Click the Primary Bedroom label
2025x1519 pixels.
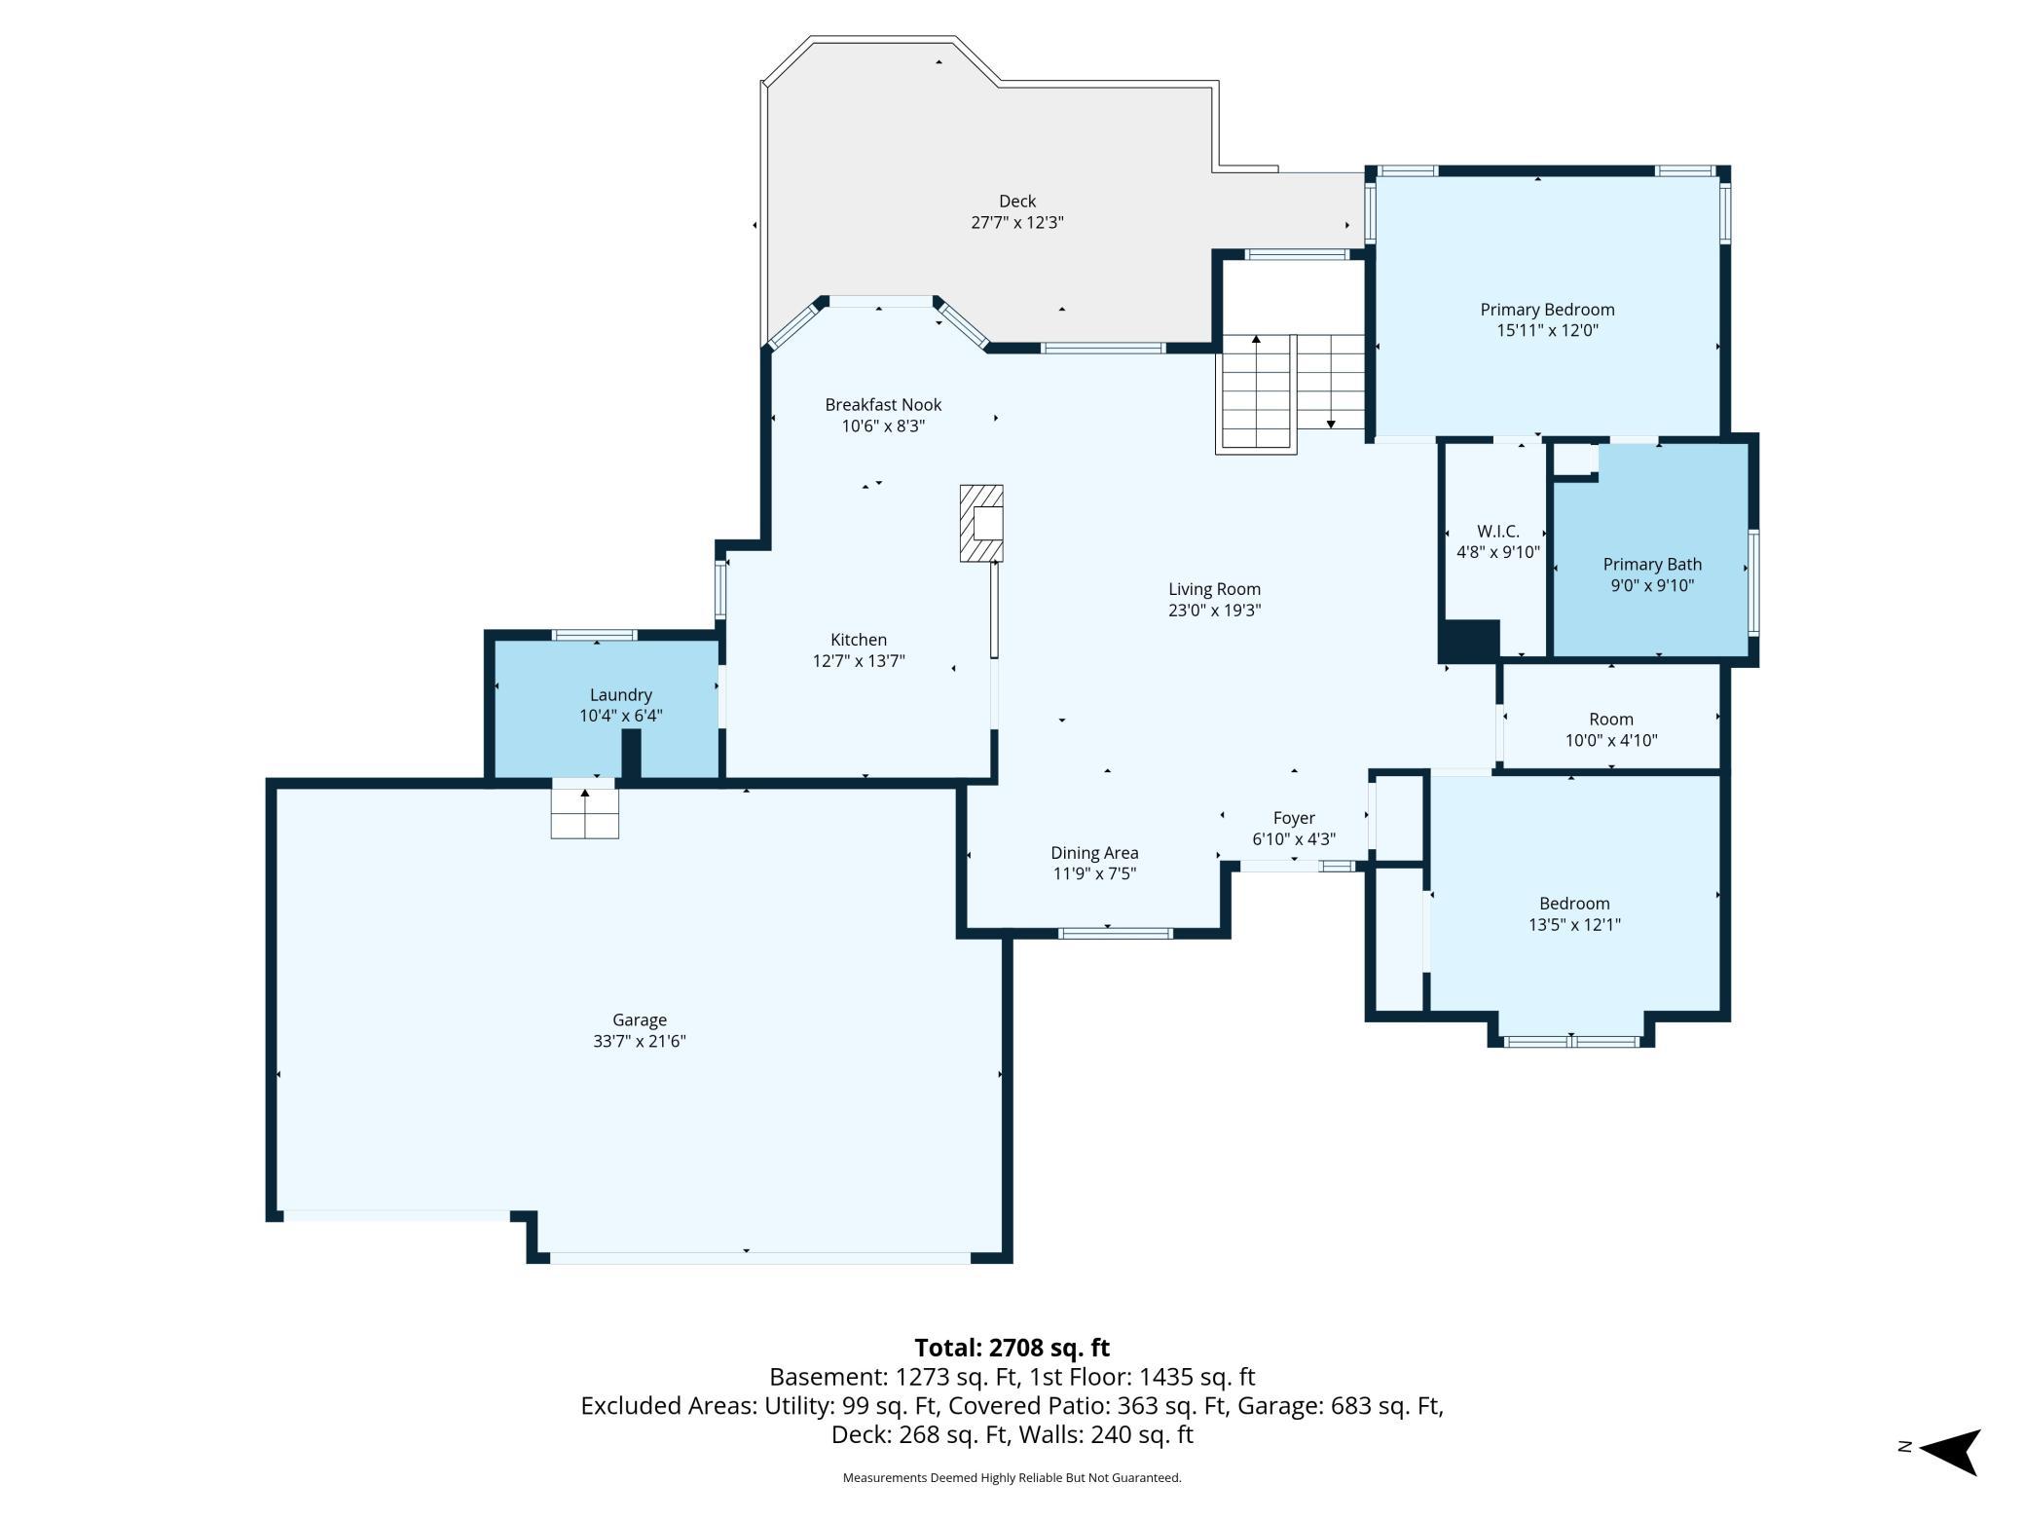point(1547,310)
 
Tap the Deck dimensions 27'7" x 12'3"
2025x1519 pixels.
point(1017,223)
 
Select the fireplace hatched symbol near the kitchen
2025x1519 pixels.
point(981,523)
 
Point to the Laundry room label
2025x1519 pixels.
point(621,695)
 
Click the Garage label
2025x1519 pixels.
point(640,1020)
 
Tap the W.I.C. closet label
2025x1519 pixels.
point(1498,532)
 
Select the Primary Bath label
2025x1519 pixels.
point(1652,565)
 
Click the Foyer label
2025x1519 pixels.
point(1294,819)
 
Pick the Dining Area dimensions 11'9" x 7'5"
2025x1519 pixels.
point(1094,874)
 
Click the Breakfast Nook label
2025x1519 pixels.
point(883,405)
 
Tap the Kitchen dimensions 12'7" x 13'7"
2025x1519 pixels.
point(859,661)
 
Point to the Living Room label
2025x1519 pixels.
point(1215,589)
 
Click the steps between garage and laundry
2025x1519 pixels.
point(585,808)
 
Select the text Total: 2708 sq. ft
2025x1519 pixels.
point(1012,1348)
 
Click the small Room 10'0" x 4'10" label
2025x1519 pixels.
point(1611,729)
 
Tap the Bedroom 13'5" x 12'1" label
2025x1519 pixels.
point(1574,914)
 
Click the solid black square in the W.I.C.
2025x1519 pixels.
point(1470,641)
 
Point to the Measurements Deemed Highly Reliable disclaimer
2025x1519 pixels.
point(1012,1478)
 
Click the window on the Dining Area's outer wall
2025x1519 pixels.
point(1116,934)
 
